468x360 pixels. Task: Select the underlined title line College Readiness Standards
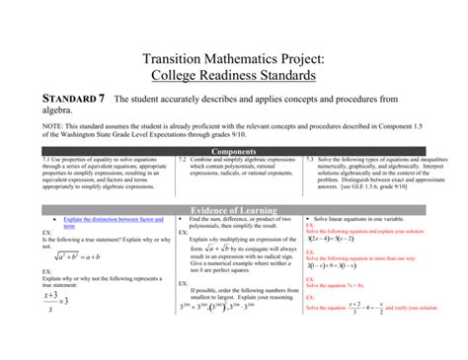(233, 74)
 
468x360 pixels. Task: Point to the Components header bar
(234, 151)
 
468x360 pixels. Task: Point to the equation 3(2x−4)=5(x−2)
(336, 238)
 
